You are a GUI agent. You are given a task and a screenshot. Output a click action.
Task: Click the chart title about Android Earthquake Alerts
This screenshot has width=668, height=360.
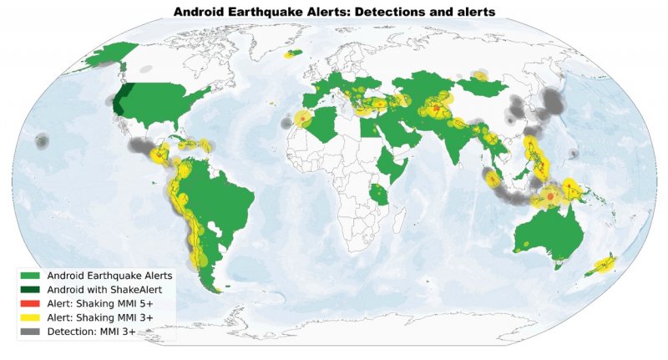334,11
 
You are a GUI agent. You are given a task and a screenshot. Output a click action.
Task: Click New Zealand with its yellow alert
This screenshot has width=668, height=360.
604,265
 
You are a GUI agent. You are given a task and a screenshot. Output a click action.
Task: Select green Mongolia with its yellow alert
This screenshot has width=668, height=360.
481,80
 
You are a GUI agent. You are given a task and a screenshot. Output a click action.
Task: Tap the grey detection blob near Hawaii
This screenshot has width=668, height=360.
40,143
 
